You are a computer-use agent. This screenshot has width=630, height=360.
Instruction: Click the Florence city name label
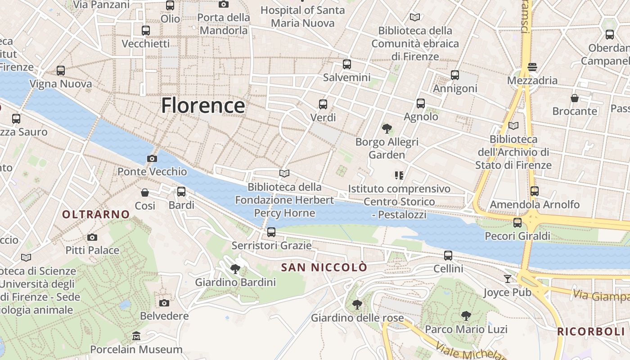203,106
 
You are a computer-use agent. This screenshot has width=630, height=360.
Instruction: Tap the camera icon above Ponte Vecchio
152,158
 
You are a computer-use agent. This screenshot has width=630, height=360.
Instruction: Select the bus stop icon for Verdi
323,104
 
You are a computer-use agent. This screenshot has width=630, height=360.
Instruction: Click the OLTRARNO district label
96,214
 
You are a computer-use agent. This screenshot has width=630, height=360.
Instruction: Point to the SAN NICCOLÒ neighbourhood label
324,267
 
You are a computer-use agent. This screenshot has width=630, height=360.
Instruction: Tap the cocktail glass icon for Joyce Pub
508,279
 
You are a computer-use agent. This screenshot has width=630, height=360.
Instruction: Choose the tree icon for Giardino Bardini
235,269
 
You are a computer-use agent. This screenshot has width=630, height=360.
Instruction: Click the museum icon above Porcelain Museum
136,336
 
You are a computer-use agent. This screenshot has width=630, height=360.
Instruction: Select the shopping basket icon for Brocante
575,98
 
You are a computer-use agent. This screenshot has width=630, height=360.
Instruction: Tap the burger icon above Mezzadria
532,67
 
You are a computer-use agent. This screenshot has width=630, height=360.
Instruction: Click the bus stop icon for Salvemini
346,64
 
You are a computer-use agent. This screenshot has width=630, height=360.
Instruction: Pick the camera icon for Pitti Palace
92,237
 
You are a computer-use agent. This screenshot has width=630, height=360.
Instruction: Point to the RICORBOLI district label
591,332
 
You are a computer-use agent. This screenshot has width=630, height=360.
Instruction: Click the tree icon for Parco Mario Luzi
466,316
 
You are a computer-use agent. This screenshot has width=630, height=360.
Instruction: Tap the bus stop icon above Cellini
448,256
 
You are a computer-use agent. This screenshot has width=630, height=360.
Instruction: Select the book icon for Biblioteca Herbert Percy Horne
284,173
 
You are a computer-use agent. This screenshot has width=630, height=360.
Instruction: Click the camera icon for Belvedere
164,303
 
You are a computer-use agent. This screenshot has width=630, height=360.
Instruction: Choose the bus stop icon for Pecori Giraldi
517,222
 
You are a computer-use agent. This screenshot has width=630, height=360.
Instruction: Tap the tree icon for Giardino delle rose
357,305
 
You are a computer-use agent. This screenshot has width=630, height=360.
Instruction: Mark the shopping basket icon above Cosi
145,193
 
